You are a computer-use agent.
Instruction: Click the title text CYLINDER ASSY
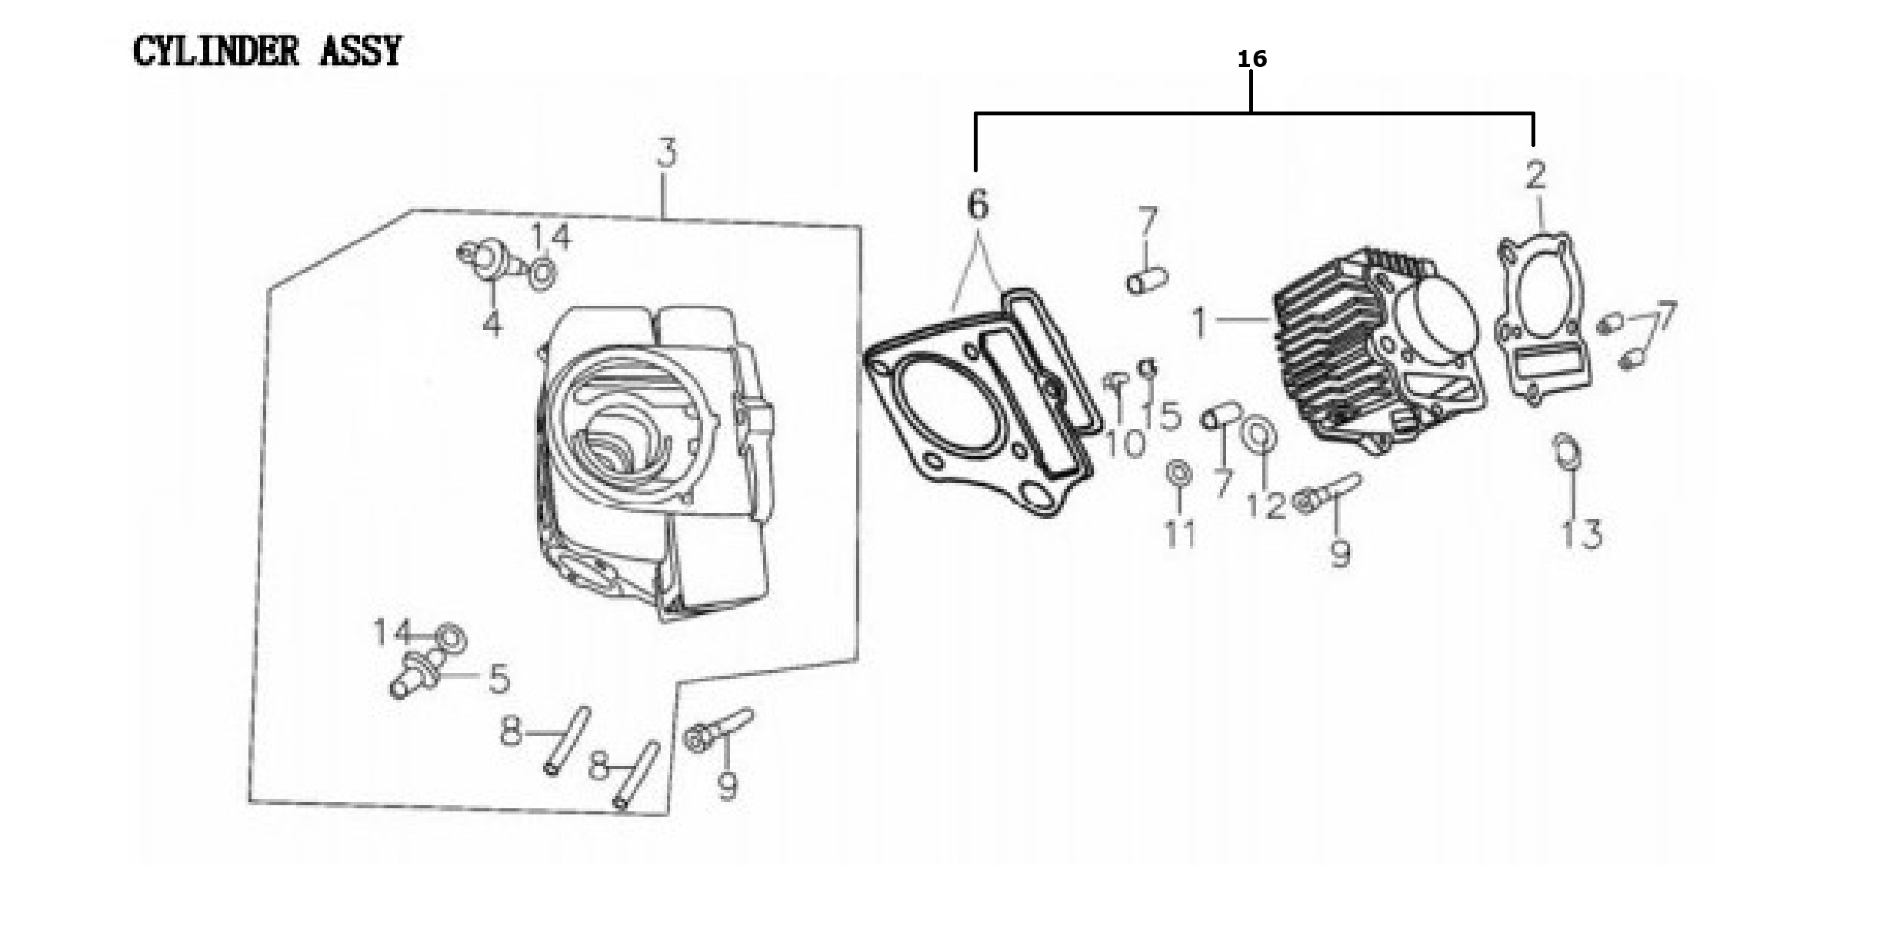tap(267, 52)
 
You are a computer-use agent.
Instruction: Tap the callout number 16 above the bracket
tap(1251, 58)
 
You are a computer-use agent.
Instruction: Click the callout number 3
tap(667, 154)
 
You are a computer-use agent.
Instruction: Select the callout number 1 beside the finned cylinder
tap(1199, 322)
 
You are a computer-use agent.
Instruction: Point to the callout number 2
tap(1535, 175)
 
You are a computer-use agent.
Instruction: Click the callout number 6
tap(977, 205)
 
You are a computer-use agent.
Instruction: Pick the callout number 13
tap(1581, 534)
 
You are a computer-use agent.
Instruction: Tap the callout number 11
tap(1180, 533)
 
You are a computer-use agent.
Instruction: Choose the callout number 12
tap(1265, 505)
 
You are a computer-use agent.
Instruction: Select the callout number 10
tap(1124, 443)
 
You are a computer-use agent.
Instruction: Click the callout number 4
tap(492, 323)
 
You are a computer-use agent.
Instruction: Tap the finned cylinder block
tap(1377, 354)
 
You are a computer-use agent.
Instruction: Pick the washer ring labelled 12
tap(1261, 435)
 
